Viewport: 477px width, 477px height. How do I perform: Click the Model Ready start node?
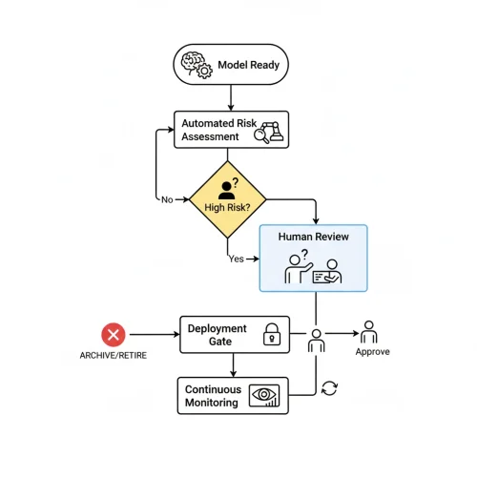[x=230, y=64]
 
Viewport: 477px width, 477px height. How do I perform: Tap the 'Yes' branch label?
[x=237, y=259]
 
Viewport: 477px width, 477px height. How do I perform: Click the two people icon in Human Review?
[x=314, y=270]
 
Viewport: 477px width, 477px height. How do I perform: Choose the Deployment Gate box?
[x=235, y=334]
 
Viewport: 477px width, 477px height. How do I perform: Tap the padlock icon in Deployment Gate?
[x=271, y=334]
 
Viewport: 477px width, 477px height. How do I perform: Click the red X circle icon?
[x=114, y=335]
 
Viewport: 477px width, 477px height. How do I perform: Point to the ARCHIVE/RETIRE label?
[x=114, y=356]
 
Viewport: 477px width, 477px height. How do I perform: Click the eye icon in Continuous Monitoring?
[x=264, y=396]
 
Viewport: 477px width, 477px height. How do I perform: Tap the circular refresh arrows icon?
[x=330, y=387]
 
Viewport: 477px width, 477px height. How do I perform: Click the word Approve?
[x=372, y=351]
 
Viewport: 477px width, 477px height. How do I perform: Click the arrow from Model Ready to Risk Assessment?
[x=230, y=96]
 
